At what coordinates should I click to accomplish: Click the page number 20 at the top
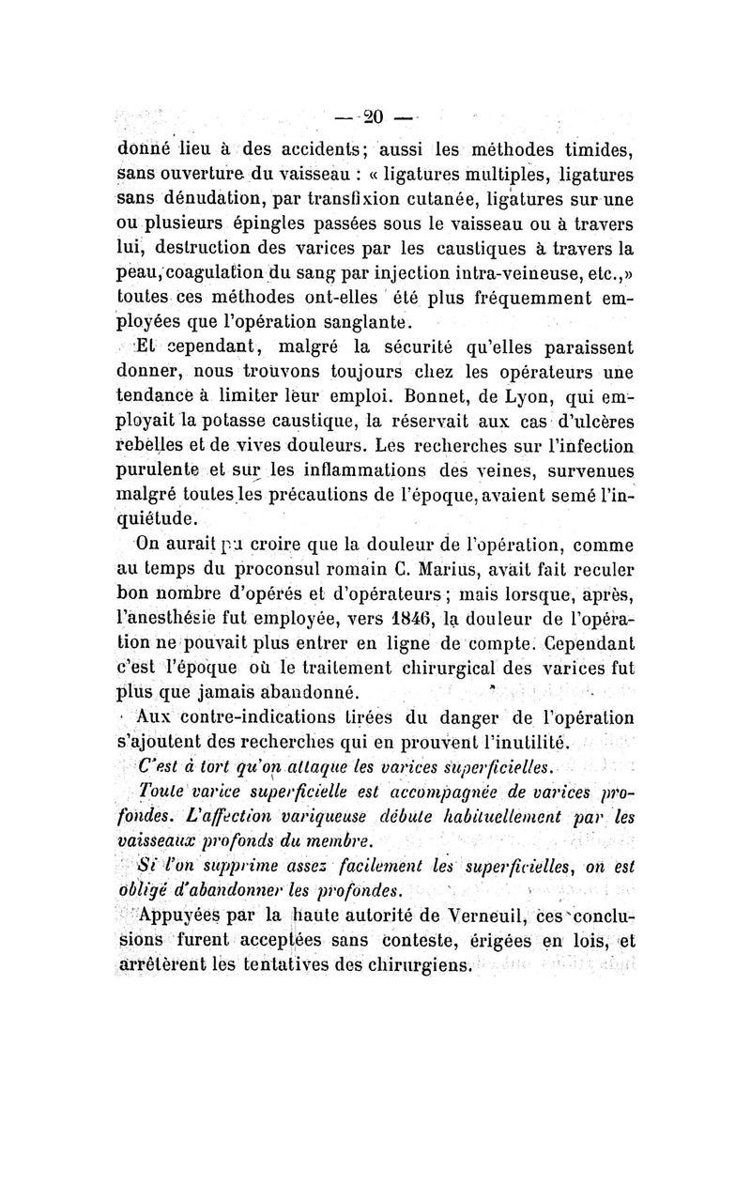(x=375, y=117)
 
